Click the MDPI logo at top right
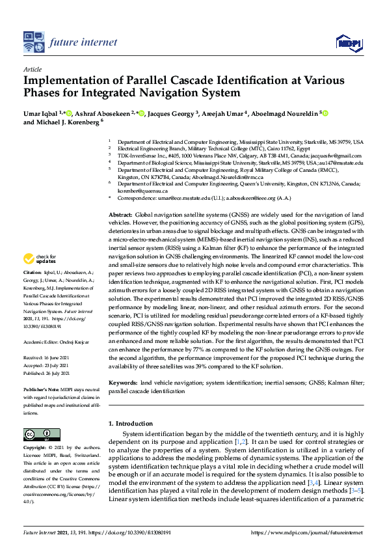[350, 43]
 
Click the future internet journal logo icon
[33, 42]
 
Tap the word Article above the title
[32, 69]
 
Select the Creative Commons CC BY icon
[37, 434]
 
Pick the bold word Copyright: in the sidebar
[37, 448]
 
